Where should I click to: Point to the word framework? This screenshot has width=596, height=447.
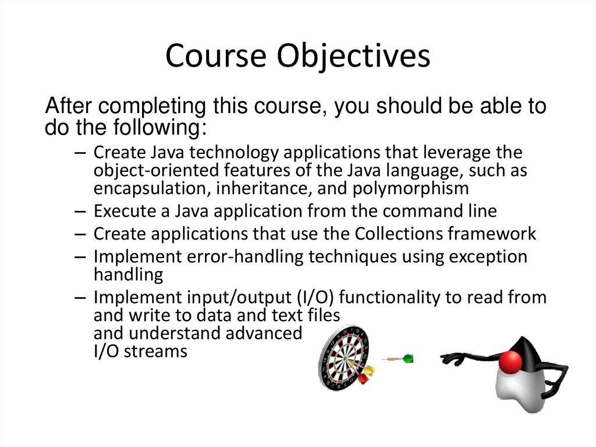coord(492,234)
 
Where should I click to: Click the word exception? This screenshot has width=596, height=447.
coord(488,256)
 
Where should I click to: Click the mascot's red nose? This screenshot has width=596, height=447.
coord(510,361)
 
